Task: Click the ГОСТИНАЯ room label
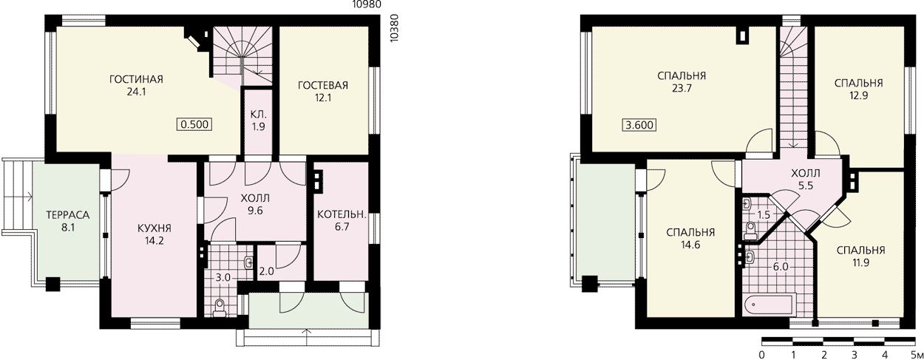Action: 136,79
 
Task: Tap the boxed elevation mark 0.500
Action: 194,124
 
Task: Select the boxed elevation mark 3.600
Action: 639,125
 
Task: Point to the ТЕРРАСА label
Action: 68,215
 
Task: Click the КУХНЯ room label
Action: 154,228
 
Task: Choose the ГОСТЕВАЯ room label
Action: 323,85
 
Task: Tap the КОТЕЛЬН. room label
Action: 342,214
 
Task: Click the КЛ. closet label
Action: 259,115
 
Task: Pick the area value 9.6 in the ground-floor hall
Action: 255,211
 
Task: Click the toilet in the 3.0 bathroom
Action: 220,309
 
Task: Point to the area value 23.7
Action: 682,88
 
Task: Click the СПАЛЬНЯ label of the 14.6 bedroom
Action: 690,233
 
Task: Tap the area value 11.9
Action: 860,262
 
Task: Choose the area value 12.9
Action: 858,95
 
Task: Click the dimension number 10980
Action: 367,4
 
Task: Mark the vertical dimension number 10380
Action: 395,28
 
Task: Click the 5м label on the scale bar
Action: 917,355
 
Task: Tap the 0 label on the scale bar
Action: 762,355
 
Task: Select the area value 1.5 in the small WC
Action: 764,215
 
